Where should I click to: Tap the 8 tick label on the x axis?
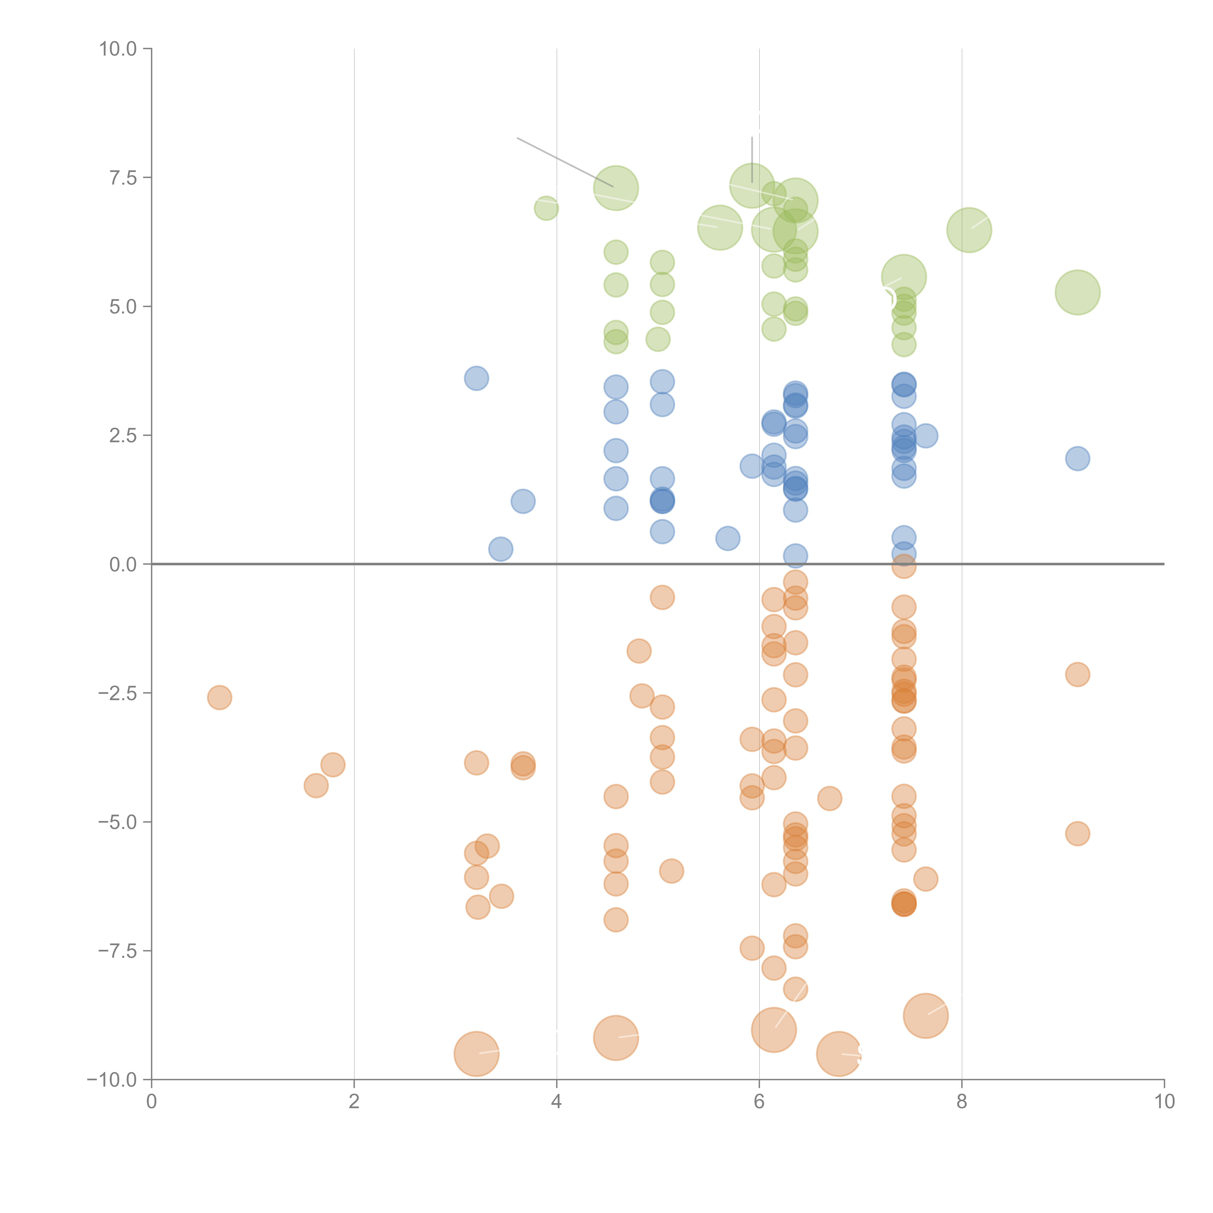962,1102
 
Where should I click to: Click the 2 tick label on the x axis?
354,1102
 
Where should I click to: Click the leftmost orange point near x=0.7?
219,697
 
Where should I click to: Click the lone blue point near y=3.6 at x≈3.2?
476,379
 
